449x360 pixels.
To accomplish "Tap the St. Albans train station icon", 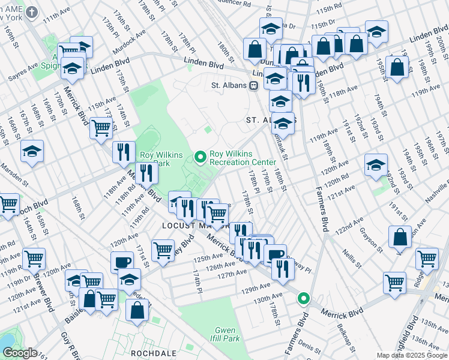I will pyautogui.click(x=253, y=85).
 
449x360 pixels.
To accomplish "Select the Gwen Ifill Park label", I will pyautogui.click(x=226, y=334).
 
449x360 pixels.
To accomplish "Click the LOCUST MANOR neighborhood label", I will pyautogui.click(x=195, y=226).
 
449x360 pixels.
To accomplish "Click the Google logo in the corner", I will pyautogui.click(x=19, y=353).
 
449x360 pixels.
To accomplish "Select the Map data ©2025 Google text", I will pyautogui.click(x=412, y=355).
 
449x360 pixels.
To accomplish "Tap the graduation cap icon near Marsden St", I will pyautogui.click(x=32, y=152).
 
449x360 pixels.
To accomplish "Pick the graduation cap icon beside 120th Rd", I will pyautogui.click(x=376, y=166).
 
